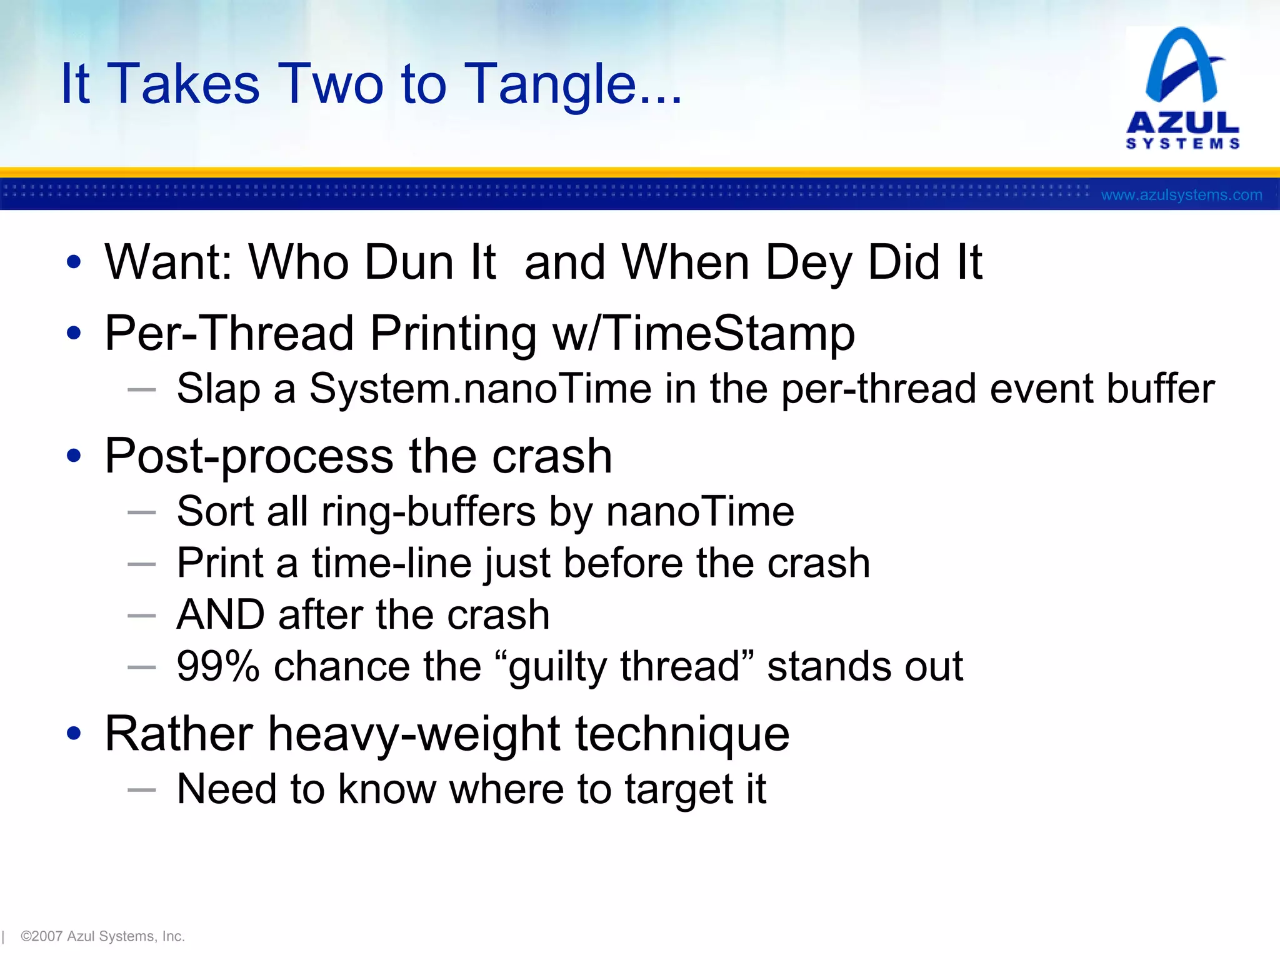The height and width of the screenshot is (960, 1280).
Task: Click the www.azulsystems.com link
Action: pos(1181,195)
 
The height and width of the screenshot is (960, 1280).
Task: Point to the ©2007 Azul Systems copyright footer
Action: pos(103,936)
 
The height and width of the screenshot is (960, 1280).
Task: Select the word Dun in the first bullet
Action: pos(409,262)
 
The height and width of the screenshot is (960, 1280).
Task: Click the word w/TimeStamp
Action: pos(704,333)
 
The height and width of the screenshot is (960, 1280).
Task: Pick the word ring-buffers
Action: pos(429,512)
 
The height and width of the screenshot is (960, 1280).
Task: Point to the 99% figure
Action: pos(217,666)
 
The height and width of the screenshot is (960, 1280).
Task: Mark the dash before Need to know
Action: pos(141,789)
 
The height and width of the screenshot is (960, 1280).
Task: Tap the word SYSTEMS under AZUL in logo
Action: pos(1182,144)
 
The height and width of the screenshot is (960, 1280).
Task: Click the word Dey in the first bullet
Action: pos(808,262)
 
